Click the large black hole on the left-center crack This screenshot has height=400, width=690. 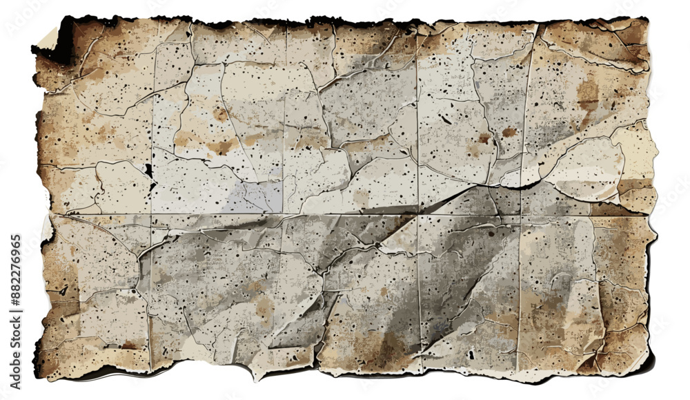[148, 170]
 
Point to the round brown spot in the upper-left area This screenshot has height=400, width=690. [220, 115]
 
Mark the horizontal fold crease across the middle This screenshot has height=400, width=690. [345, 213]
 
